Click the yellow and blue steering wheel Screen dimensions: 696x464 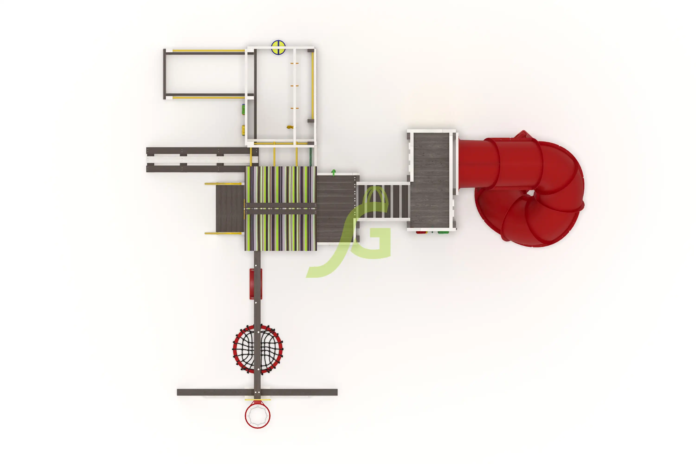pyautogui.click(x=278, y=47)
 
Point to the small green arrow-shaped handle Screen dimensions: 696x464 pyautogui.click(x=334, y=173)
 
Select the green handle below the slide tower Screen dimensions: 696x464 pyautogui.click(x=443, y=232)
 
